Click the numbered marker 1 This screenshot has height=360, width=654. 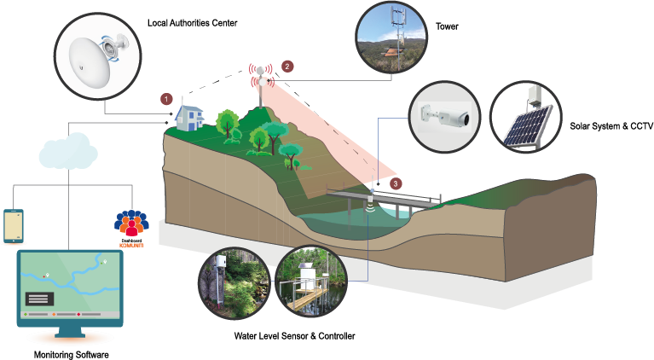pos(167,99)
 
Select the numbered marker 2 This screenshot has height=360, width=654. pos(287,66)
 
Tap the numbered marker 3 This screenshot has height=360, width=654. pos(395,183)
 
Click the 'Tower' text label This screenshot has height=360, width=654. pos(448,26)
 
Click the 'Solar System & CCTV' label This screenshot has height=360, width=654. pos(611,126)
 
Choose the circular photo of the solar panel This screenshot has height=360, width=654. pos(525,119)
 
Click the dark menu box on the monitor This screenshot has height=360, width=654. pos(38,299)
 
